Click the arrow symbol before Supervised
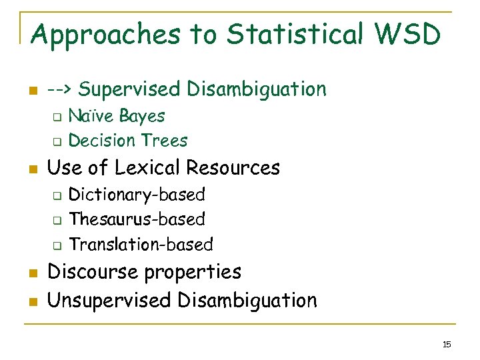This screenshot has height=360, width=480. (x=64, y=89)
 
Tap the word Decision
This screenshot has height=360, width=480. (x=103, y=141)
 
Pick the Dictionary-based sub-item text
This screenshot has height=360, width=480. (x=137, y=195)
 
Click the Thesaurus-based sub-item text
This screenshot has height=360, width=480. (x=137, y=219)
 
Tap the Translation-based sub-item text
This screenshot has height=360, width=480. (x=141, y=245)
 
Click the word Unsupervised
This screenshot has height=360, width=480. (x=109, y=301)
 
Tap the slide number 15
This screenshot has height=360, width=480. (x=447, y=344)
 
